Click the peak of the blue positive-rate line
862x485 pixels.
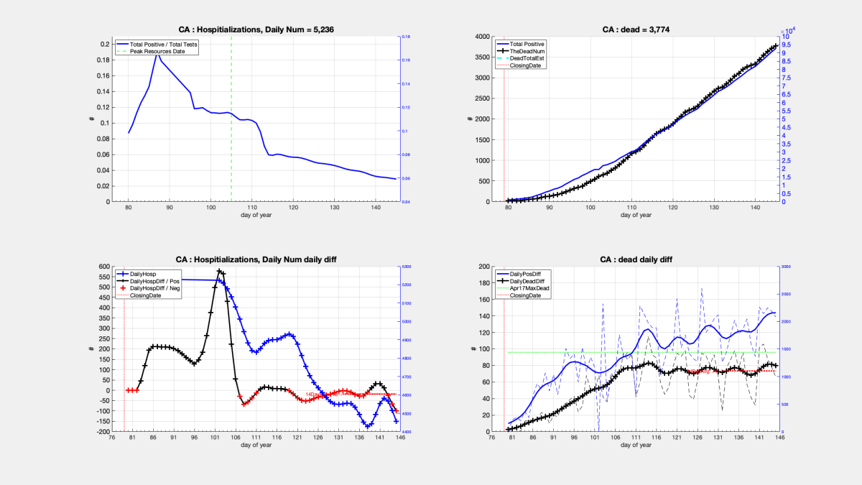point(157,53)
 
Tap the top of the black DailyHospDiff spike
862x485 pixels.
point(219,271)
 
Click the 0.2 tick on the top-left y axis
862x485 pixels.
point(105,45)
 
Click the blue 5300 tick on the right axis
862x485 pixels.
point(407,267)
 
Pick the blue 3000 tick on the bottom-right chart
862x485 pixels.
point(788,267)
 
